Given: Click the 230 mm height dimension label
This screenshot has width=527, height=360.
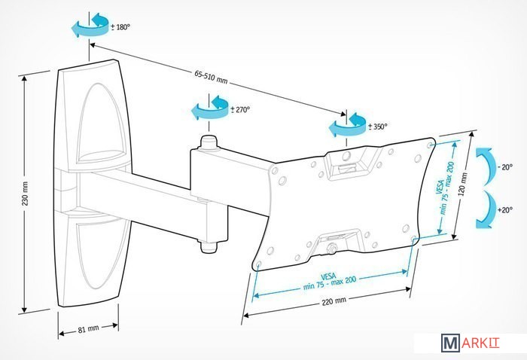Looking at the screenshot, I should click(x=24, y=195).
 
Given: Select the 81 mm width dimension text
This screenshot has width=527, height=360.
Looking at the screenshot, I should click(x=88, y=329).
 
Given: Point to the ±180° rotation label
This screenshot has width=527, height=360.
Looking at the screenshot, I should click(x=120, y=26).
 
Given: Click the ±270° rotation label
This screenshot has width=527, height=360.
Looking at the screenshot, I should click(x=239, y=109).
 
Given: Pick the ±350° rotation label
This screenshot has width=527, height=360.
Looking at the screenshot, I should click(x=376, y=127).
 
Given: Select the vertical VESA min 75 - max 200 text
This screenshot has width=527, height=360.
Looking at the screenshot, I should click(x=443, y=188).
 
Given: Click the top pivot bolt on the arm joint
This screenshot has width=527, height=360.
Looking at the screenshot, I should click(x=207, y=142).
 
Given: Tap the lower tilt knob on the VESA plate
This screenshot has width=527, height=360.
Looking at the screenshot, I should click(x=331, y=246).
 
